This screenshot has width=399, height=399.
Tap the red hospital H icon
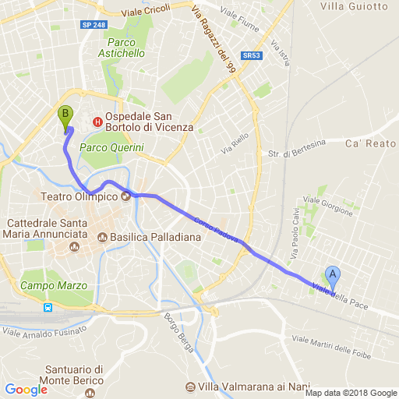tap(97, 121)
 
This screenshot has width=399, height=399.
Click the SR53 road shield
tap(250, 56)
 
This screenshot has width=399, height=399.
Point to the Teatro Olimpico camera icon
tap(125, 196)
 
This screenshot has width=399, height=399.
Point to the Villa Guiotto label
tap(354, 6)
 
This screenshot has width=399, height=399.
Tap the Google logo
tap(26, 390)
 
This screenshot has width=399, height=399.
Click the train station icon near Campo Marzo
tap(48, 307)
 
